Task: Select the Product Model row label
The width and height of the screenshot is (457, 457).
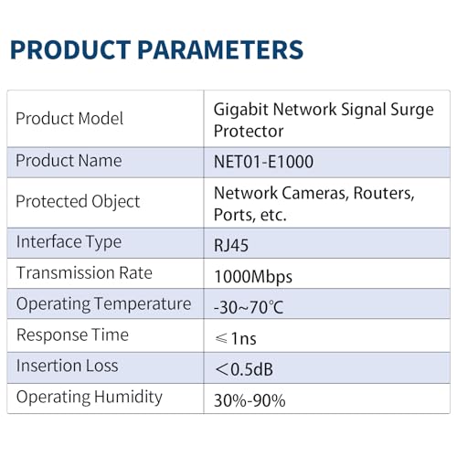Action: [69, 119]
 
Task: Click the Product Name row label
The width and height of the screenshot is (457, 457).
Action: [69, 161]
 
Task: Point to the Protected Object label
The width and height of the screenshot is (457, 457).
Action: [78, 202]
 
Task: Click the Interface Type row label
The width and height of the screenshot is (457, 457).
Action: [69, 242]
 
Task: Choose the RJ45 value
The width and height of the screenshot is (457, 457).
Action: [231, 244]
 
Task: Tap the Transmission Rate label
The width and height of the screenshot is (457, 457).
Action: [84, 273]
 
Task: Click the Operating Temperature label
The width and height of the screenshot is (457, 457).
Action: [103, 304]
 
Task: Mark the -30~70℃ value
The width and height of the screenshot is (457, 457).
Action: [248, 306]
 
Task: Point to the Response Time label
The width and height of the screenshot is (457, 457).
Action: [72, 335]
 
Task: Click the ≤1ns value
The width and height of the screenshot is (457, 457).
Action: [234, 338]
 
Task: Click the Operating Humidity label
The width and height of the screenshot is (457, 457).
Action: [89, 398]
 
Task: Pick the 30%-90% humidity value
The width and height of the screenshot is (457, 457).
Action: [249, 399]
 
